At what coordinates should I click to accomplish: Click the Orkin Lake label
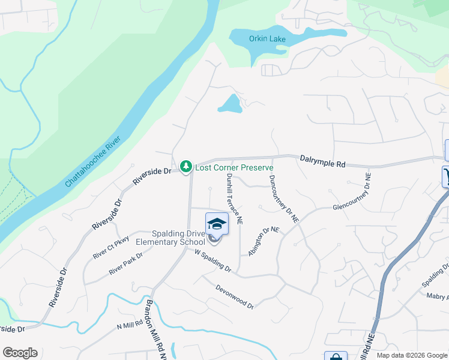(268, 40)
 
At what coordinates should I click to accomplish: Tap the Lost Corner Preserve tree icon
(186, 166)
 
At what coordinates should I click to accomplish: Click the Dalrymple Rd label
(322, 160)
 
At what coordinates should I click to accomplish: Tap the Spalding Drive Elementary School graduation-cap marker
(217, 224)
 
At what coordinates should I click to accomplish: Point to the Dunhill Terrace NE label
(234, 199)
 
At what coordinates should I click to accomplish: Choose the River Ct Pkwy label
(111, 247)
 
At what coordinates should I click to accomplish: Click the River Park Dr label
(125, 263)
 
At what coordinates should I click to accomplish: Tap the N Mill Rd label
(130, 325)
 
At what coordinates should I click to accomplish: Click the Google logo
(20, 353)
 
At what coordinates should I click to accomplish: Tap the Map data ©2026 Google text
(411, 355)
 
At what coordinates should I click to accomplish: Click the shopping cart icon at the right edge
(446, 176)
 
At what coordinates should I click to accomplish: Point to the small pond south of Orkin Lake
(230, 104)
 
